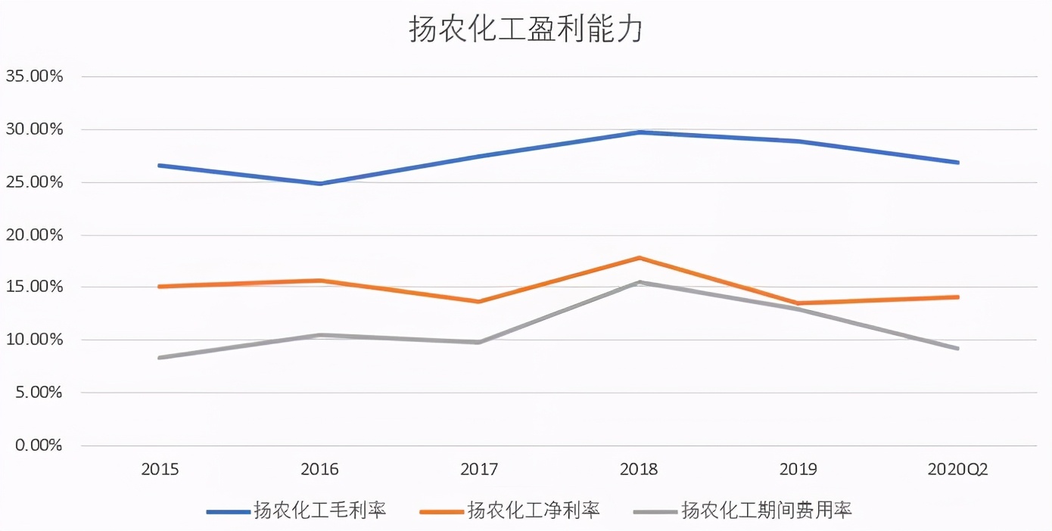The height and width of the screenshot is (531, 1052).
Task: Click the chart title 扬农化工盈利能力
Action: (525, 29)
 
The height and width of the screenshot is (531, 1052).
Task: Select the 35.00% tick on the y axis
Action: (34, 76)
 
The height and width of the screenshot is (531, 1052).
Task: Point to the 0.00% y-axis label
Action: (38, 446)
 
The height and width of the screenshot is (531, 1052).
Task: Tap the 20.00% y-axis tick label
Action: (34, 234)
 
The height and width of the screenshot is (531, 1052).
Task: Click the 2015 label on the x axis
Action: (160, 470)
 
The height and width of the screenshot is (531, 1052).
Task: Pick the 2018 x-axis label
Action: (639, 470)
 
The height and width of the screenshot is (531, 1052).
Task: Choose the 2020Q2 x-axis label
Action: (957, 470)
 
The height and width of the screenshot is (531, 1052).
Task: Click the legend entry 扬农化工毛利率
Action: (319, 511)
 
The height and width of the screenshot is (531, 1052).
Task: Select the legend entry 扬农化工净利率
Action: (534, 511)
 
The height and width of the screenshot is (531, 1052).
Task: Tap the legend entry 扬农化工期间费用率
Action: (766, 511)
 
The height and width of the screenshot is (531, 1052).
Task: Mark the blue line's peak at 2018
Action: (640, 132)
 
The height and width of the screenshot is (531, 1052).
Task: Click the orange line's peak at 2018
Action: (640, 258)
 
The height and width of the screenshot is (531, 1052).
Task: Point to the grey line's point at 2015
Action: (160, 358)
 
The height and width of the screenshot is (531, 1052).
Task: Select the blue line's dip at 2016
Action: (320, 184)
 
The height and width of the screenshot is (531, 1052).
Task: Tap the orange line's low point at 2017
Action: (480, 302)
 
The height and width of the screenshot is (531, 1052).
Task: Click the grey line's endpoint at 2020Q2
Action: (957, 349)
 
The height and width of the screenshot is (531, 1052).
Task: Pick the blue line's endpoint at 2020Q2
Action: (957, 163)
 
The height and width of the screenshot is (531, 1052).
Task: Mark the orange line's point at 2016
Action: (320, 281)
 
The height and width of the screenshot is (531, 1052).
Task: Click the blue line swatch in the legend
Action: (228, 512)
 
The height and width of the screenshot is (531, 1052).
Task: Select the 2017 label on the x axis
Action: (479, 470)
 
